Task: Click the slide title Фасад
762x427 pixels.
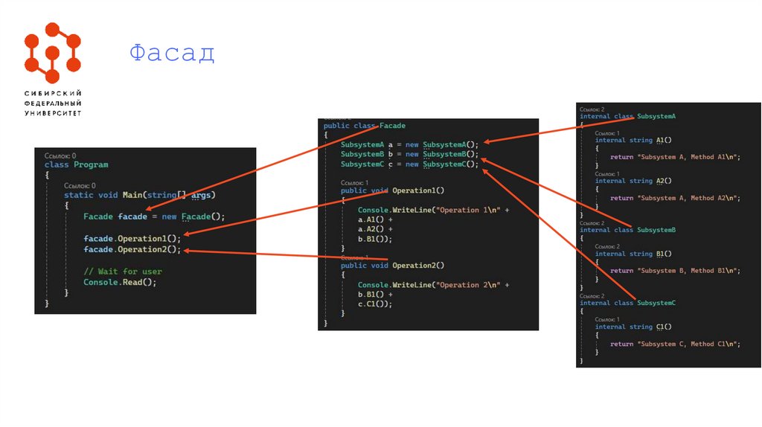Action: click(x=172, y=54)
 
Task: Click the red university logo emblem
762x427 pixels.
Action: click(x=52, y=52)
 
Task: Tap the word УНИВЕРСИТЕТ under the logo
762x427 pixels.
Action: click(x=53, y=113)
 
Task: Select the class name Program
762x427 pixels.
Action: click(x=91, y=164)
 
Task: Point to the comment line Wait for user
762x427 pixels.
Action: click(x=123, y=272)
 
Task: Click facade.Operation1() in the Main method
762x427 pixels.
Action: click(x=132, y=238)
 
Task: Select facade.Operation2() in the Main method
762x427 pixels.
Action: click(x=132, y=249)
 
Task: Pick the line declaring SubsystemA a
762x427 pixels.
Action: click(x=410, y=144)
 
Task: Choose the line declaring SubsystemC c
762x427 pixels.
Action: click(x=410, y=164)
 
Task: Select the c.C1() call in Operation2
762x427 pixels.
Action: click(x=374, y=304)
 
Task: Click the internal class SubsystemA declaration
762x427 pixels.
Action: click(x=627, y=117)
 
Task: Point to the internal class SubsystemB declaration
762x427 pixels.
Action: click(x=627, y=230)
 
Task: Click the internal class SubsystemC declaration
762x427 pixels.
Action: click(x=627, y=303)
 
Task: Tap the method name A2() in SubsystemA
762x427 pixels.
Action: click(x=664, y=181)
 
